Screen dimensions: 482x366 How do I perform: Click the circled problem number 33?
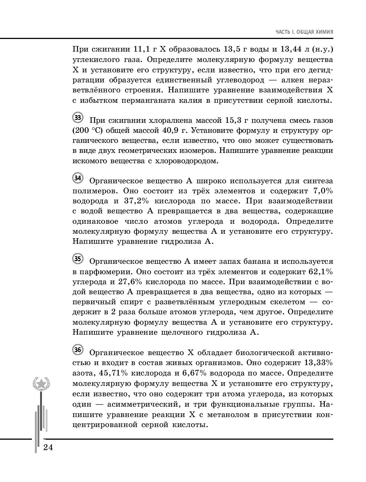[x=78, y=118]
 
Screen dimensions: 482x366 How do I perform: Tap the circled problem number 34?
[x=78, y=178]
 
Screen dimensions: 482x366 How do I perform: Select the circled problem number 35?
[x=78, y=259]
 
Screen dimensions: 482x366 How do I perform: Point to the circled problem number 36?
[x=78, y=349]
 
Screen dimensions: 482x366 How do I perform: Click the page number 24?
[x=48, y=447]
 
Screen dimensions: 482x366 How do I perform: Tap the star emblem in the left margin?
[x=41, y=383]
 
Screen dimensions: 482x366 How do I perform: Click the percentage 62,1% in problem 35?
[x=321, y=272]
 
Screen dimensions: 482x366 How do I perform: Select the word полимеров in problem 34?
[x=95, y=191]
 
